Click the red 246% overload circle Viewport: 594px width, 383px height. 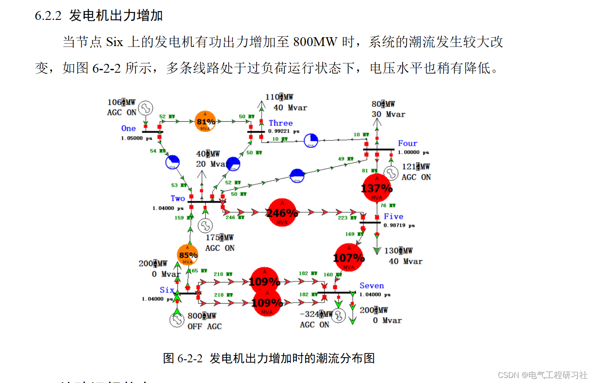pyautogui.click(x=282, y=213)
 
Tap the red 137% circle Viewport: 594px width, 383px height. pyautogui.click(x=376, y=188)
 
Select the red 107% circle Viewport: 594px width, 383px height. pyautogui.click(x=348, y=257)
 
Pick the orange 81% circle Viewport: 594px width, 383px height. pyautogui.click(x=205, y=122)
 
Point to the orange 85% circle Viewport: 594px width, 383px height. pyautogui.click(x=188, y=255)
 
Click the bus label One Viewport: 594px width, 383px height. pyautogui.click(x=128, y=129)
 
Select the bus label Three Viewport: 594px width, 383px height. pyautogui.click(x=281, y=123)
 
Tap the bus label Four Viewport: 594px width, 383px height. pyautogui.click(x=407, y=144)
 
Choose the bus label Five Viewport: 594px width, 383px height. pyautogui.click(x=393, y=216)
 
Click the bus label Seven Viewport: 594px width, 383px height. pyautogui.click(x=372, y=286)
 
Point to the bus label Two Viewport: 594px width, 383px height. pyautogui.click(x=178, y=198)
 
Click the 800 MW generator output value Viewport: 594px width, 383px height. pyautogui.click(x=202, y=316)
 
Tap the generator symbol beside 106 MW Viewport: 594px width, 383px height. pyautogui.click(x=146, y=108)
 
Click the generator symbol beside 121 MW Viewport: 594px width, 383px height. pyautogui.click(x=391, y=172)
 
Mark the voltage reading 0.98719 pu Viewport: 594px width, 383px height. pyautogui.click(x=399, y=226)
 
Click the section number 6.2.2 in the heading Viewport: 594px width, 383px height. pyautogui.click(x=48, y=16)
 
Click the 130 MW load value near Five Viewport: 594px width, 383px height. pyautogui.click(x=398, y=251)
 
